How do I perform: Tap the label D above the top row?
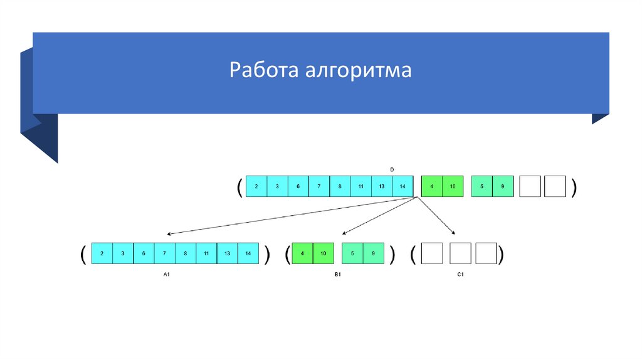pyautogui.click(x=392, y=170)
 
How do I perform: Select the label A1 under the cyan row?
pyautogui.click(x=167, y=275)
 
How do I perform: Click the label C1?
pyautogui.click(x=459, y=275)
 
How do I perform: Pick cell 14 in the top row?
pyautogui.click(x=403, y=186)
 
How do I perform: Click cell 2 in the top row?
pyautogui.click(x=256, y=186)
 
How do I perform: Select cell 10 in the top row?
pyautogui.click(x=453, y=186)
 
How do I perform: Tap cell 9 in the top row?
pyautogui.click(x=503, y=186)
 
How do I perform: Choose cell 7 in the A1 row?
pyautogui.click(x=165, y=253)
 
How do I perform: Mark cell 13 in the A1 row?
pyautogui.click(x=227, y=253)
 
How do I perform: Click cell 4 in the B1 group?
pyautogui.click(x=303, y=253)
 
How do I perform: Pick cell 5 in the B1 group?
pyautogui.click(x=352, y=253)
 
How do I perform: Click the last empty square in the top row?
pyautogui.click(x=555, y=186)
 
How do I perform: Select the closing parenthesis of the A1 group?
pyautogui.click(x=267, y=253)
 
